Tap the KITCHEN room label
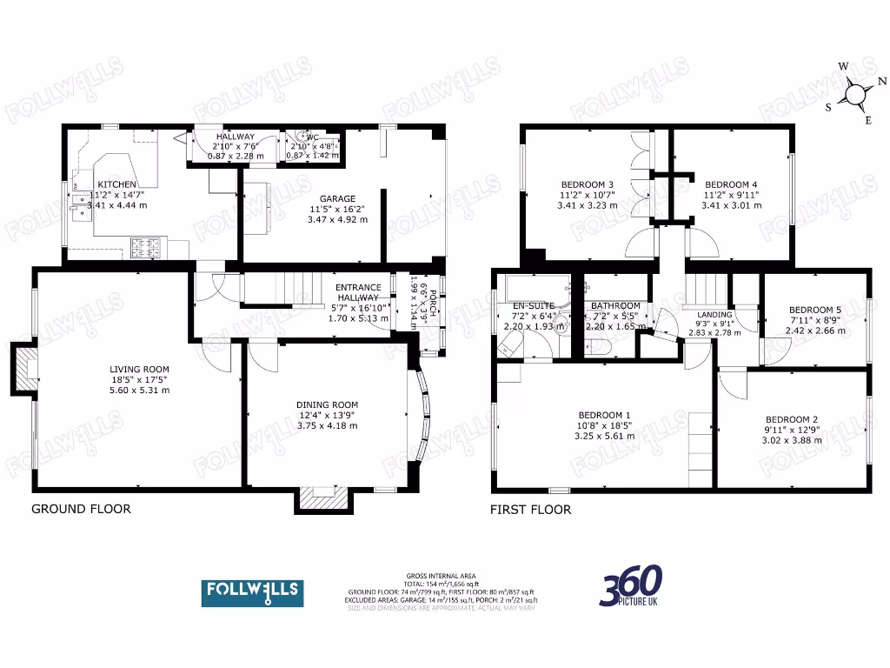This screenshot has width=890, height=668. (116, 184)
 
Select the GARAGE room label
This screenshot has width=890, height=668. (338, 198)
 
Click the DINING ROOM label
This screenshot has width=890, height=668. (327, 404)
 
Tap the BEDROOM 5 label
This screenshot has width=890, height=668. (814, 310)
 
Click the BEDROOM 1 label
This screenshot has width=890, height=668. (603, 415)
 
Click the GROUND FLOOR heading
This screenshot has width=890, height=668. (81, 509)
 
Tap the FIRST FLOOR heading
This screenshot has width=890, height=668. (531, 510)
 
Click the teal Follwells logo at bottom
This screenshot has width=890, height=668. (252, 592)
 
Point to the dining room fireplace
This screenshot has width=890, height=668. (323, 498)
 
